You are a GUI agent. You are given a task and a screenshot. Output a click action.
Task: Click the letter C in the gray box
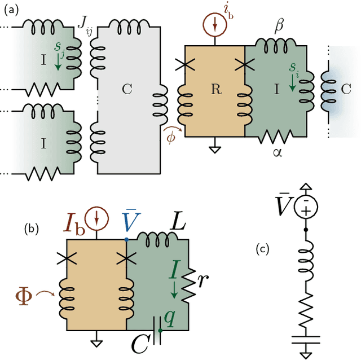click(x=126, y=89)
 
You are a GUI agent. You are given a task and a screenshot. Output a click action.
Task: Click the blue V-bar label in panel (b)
click(x=127, y=221)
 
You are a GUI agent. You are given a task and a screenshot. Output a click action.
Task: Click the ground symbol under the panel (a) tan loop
click(x=214, y=150)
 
